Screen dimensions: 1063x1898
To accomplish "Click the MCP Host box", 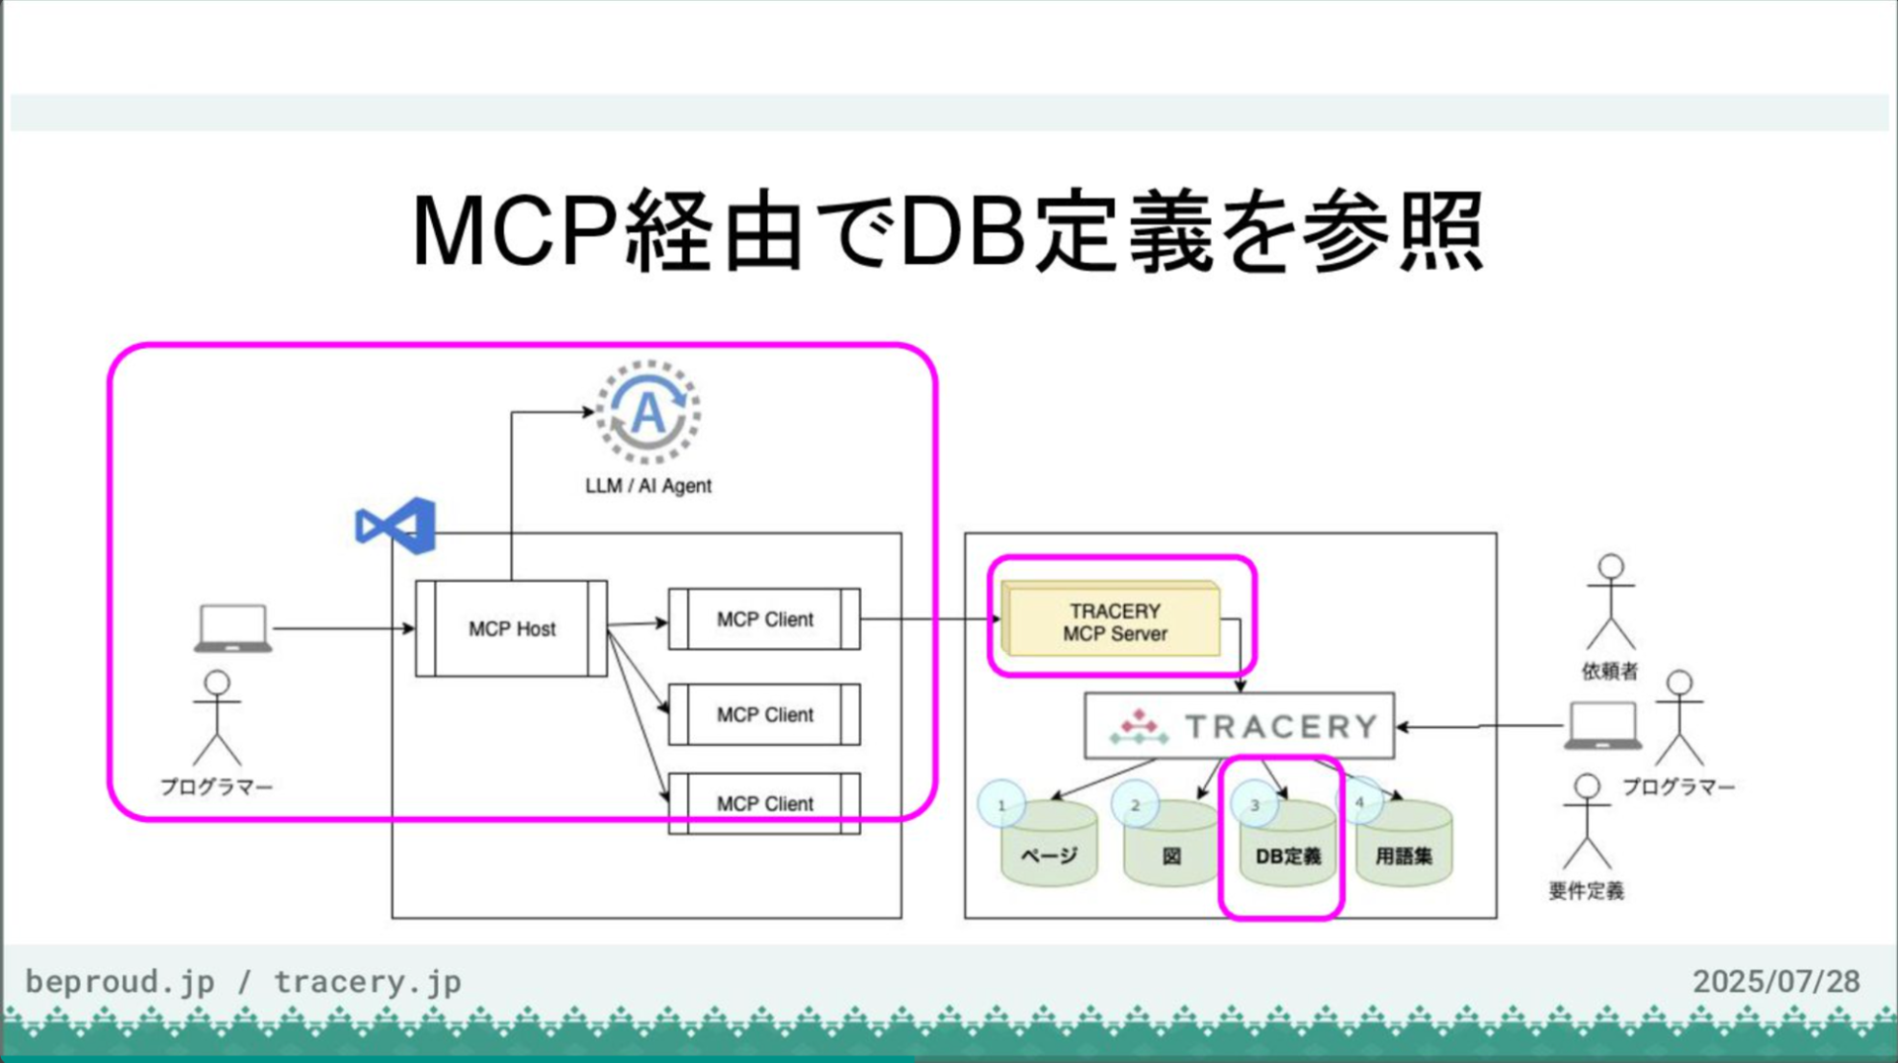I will click(511, 628).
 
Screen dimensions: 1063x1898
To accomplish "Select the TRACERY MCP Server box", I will click(1114, 621).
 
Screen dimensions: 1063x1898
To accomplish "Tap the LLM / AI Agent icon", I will click(647, 412).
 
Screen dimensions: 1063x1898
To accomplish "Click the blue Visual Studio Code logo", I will click(395, 525).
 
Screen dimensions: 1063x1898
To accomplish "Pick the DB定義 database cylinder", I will click(1288, 848).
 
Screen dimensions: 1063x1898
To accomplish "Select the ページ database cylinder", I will click(1049, 848).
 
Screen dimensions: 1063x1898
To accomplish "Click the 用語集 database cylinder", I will click(1404, 848).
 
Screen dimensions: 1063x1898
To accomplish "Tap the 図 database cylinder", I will click(1171, 848).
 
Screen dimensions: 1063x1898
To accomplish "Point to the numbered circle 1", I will click(1001, 805).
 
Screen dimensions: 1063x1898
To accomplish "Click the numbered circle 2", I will click(1135, 805).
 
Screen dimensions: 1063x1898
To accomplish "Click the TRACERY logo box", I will click(1240, 726).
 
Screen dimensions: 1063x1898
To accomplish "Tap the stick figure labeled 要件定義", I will click(1587, 822).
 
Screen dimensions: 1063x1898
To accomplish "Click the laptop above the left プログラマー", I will click(232, 628).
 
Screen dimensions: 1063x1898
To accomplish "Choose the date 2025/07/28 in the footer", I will click(1775, 981).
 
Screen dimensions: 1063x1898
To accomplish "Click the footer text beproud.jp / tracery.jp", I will click(243, 981).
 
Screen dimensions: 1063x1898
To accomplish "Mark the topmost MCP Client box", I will click(764, 619).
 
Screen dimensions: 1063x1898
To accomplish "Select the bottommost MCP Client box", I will click(764, 803).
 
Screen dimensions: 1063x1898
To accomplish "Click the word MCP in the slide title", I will click(514, 232).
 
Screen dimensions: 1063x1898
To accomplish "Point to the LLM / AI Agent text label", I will click(647, 486).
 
